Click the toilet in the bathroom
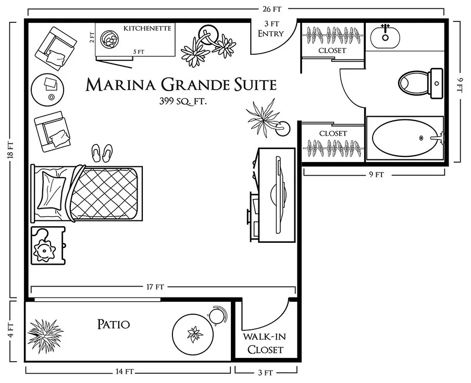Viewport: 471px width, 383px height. pyautogui.click(x=420, y=83)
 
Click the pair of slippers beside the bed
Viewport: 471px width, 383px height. pyautogui.click(x=102, y=153)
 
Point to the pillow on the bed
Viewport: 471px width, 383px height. pyautogui.click(x=51, y=190)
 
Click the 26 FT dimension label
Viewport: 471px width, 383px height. pyautogui.click(x=272, y=9)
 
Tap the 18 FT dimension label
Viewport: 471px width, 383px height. pyautogui.click(x=10, y=150)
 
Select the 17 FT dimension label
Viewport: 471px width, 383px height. pyautogui.click(x=155, y=287)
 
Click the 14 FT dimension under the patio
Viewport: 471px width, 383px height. pyautogui.click(x=125, y=372)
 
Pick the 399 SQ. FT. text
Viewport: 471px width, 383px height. pyautogui.click(x=183, y=101)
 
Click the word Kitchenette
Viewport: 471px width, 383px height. pyautogui.click(x=147, y=28)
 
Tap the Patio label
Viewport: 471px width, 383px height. pyautogui.click(x=114, y=324)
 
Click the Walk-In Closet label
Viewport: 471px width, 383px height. pyautogui.click(x=265, y=343)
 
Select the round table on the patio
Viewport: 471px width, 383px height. pyautogui.click(x=193, y=334)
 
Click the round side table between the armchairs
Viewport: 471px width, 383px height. pyautogui.click(x=47, y=90)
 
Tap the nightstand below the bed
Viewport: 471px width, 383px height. pyautogui.click(x=48, y=246)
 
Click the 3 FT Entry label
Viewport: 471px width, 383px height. pyautogui.click(x=271, y=29)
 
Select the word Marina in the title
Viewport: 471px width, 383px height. pyautogui.click(x=121, y=84)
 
